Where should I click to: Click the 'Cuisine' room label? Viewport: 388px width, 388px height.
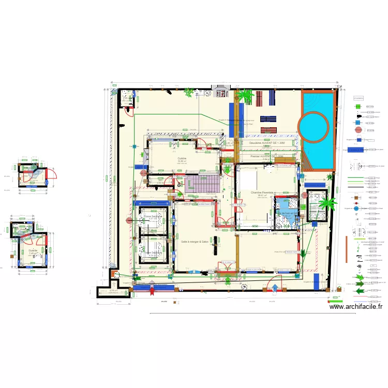point(182,158)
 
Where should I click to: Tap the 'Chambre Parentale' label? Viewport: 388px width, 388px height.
point(262,192)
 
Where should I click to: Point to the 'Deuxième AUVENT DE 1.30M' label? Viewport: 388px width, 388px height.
point(267,143)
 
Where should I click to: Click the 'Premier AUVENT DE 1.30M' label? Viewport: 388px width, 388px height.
point(267,156)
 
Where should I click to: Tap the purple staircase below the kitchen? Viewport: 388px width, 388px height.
point(200,184)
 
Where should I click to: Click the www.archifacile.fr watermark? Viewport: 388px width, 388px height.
point(356,306)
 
